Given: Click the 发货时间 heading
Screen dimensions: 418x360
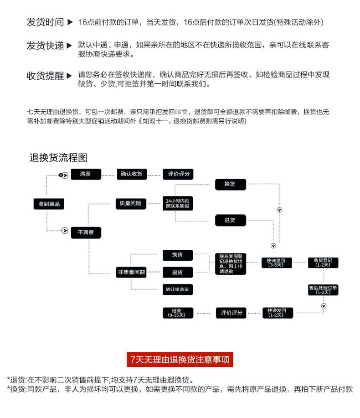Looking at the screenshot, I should (45, 22).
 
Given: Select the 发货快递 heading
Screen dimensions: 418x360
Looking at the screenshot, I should (45, 46).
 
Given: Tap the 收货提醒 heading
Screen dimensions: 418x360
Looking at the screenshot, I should (45, 76).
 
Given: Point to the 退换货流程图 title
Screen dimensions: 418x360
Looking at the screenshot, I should (58, 158).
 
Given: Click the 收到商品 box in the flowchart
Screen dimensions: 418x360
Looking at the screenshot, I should (46, 204).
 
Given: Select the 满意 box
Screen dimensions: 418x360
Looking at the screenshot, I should (85, 174).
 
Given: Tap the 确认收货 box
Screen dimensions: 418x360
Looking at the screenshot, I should (131, 174).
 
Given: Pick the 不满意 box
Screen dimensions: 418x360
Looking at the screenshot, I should (85, 232).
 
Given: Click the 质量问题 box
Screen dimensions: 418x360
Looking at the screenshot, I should (131, 203).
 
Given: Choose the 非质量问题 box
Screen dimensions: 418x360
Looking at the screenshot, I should (131, 273).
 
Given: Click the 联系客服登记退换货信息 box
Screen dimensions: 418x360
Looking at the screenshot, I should (231, 264).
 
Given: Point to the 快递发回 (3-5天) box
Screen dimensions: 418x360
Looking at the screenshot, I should (276, 263).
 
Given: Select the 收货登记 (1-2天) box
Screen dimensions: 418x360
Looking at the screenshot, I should (323, 263).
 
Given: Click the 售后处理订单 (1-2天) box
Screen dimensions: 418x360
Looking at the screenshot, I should (323, 290).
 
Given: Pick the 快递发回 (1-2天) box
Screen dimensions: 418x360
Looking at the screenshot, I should (276, 313).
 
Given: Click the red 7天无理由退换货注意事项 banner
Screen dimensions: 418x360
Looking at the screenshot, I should (180, 359).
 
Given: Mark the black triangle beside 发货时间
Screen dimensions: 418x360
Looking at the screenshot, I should (70, 22).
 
